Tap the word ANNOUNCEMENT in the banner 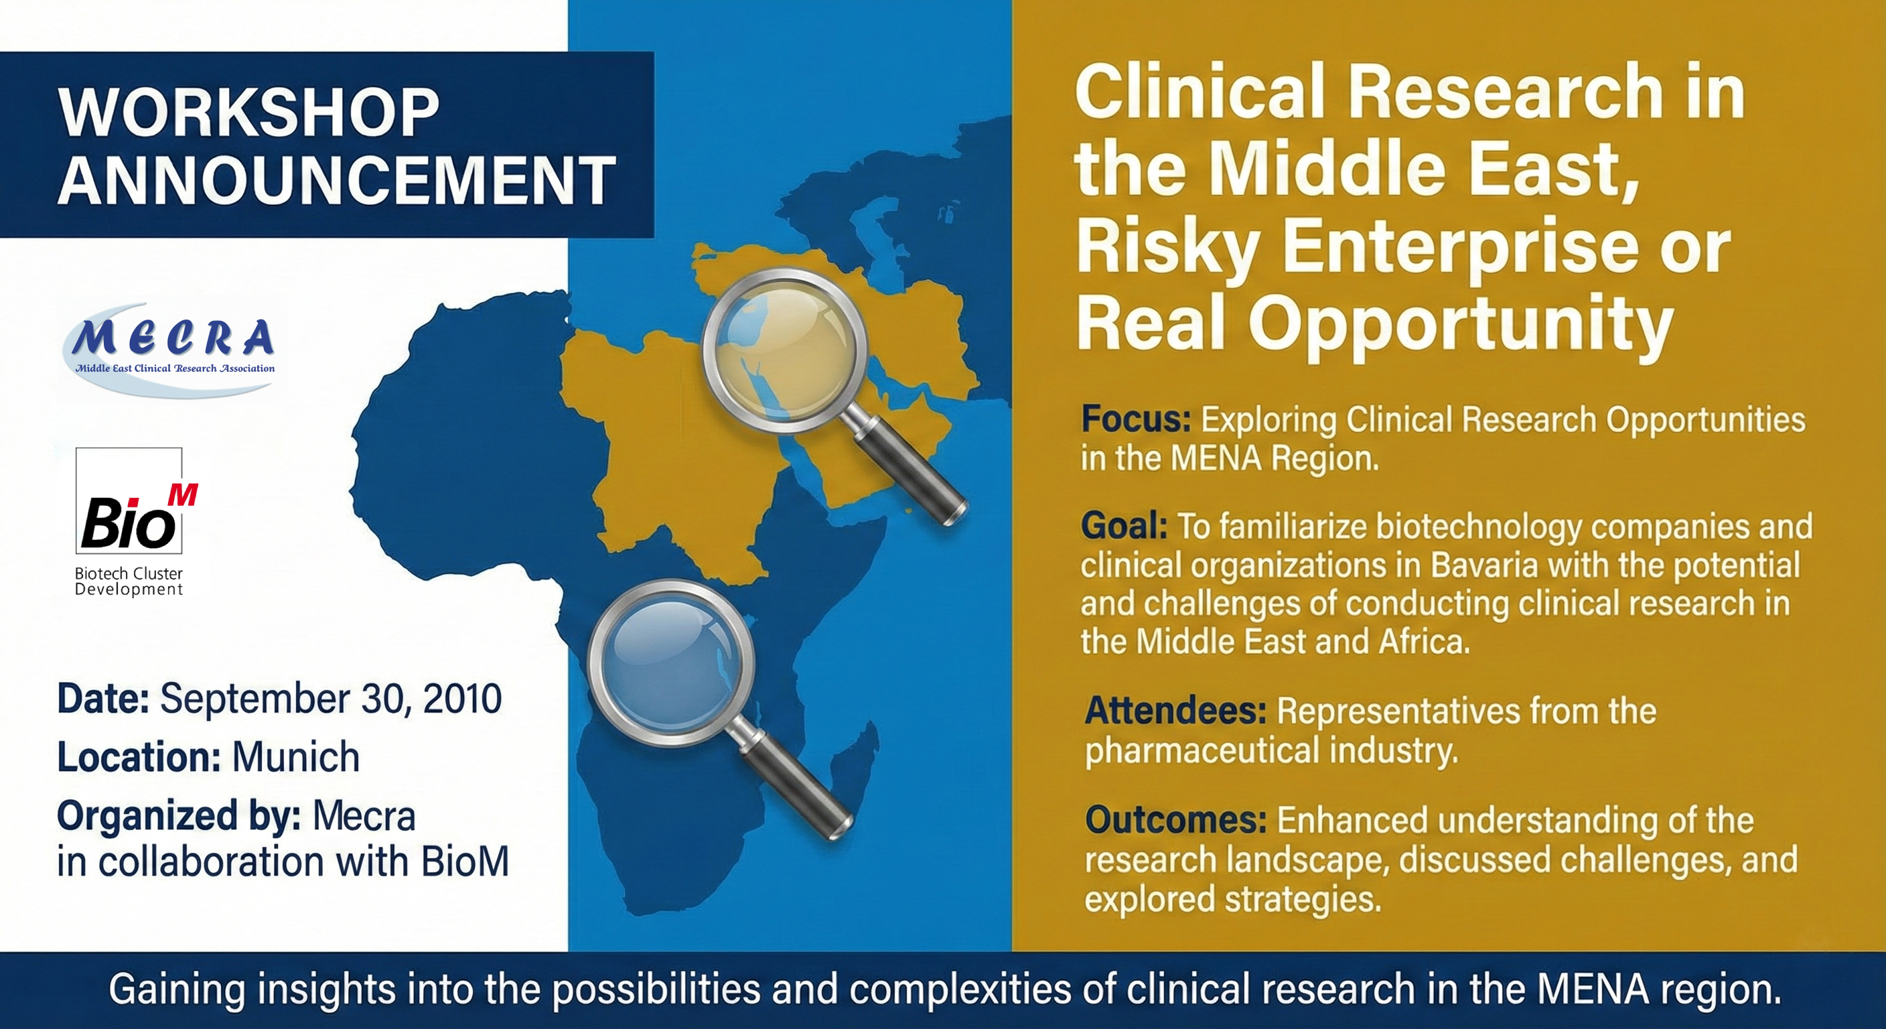click(x=336, y=180)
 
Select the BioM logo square click(x=129, y=501)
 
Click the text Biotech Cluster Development click(x=129, y=581)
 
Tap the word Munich click(x=295, y=756)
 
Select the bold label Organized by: click(x=179, y=816)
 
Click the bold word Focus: click(x=1136, y=419)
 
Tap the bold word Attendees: click(x=1175, y=710)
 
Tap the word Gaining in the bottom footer click(x=175, y=989)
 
